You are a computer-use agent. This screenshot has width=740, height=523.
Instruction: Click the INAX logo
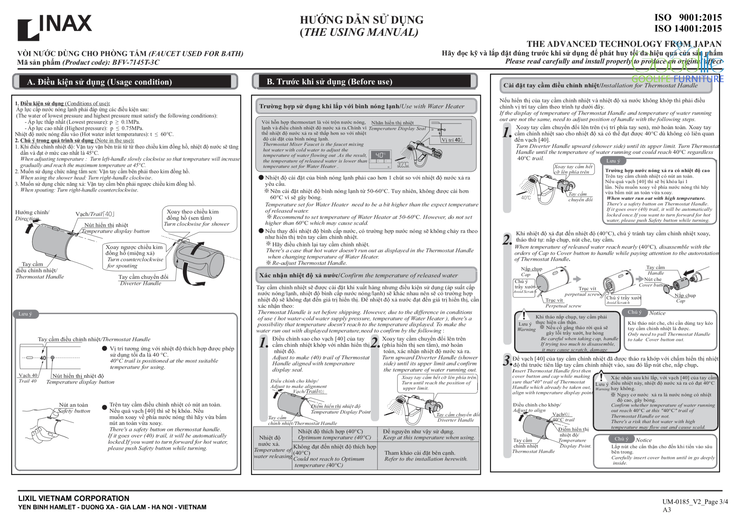(54, 27)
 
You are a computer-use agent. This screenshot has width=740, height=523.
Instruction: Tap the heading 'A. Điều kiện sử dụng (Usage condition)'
(99, 82)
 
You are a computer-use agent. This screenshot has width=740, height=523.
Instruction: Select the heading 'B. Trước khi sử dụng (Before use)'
(329, 81)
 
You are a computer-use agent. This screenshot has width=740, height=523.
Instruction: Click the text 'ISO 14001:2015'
(688, 28)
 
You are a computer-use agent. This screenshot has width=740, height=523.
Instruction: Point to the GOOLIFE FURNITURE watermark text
(677, 79)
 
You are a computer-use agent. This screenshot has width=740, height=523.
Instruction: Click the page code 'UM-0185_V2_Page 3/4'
(695, 502)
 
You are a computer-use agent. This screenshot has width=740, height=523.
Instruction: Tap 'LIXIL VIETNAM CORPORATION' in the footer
(74, 498)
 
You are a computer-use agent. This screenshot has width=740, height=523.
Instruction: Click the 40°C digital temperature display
(381, 155)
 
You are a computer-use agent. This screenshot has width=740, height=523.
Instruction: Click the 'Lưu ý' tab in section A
(25, 314)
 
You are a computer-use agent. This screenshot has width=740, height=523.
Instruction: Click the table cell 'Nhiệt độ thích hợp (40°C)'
(330, 431)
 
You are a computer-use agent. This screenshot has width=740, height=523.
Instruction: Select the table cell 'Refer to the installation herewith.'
(425, 459)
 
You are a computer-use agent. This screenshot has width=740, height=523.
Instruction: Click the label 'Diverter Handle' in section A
(141, 283)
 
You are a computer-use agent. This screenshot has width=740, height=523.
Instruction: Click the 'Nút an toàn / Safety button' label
(74, 408)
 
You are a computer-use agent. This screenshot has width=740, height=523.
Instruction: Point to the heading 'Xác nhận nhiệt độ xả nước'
(299, 275)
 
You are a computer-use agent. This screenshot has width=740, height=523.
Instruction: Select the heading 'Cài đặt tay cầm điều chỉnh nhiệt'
(551, 85)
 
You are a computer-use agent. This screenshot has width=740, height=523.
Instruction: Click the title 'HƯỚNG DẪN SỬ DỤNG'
(361, 20)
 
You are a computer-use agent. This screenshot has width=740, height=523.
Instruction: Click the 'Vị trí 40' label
(451, 140)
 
